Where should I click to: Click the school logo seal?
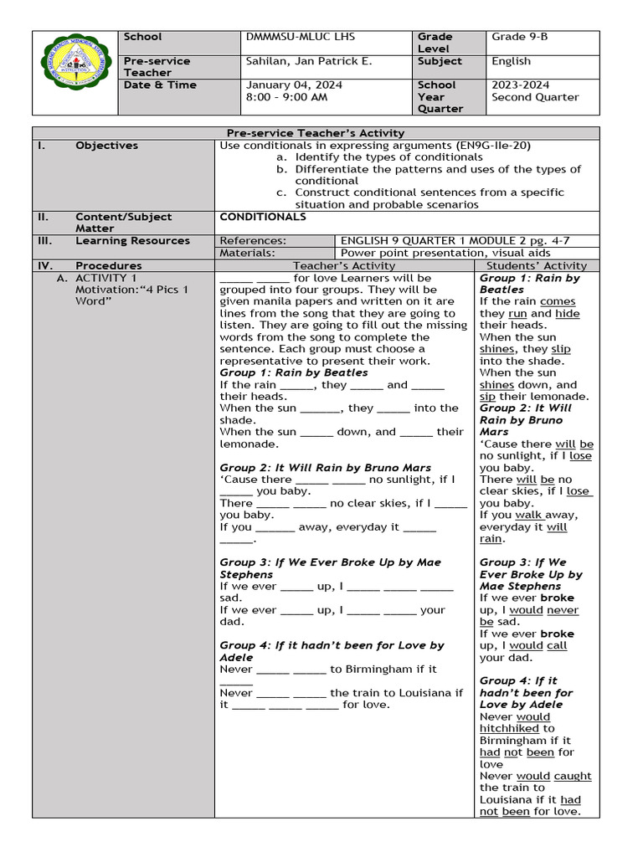tap(75, 73)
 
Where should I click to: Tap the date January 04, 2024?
tap(293, 85)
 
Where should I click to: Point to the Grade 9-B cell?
tap(519, 37)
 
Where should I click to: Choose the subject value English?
tap(511, 61)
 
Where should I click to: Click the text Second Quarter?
tap(535, 97)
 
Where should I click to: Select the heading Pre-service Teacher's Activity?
tap(316, 133)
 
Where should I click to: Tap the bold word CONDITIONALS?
tap(263, 217)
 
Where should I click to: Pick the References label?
tap(252, 241)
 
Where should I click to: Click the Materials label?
tap(247, 253)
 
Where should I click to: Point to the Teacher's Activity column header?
tap(344, 265)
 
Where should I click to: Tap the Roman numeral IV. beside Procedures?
tap(45, 265)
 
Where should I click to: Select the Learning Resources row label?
tap(132, 241)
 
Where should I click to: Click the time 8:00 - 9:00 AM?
tap(286, 97)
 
